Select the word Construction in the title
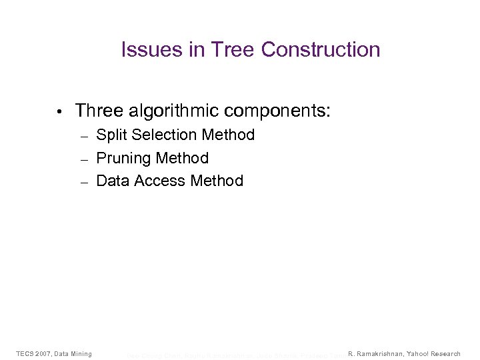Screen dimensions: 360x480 pyautogui.click(x=321, y=50)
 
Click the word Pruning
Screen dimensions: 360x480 pyautogui.click(x=123, y=158)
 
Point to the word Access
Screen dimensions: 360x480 pyautogui.click(x=159, y=181)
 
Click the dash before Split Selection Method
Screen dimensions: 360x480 pyautogui.click(x=84, y=136)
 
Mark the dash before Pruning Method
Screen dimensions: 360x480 pyautogui.click(x=84, y=159)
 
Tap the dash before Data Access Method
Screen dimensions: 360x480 pyautogui.click(x=84, y=182)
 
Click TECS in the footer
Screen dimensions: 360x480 pyautogui.click(x=26, y=353)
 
